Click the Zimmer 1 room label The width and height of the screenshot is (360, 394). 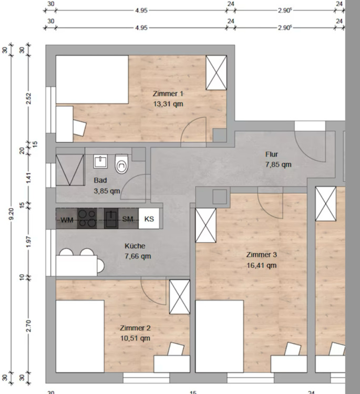(168, 94)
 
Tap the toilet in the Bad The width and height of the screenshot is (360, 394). (122, 164)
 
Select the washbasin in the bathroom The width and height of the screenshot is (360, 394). (100, 161)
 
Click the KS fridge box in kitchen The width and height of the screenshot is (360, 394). (149, 219)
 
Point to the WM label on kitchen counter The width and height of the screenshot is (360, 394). (67, 220)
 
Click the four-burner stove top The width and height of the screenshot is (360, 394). (87, 219)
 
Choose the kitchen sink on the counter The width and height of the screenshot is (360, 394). (111, 219)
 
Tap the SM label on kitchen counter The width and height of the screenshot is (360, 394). (128, 219)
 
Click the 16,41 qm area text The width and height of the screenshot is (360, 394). (261, 265)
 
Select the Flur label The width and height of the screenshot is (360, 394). (272, 154)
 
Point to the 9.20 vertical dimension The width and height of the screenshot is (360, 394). (12, 214)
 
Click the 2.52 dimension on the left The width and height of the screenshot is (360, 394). (29, 99)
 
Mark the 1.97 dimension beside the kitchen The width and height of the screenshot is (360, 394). (29, 241)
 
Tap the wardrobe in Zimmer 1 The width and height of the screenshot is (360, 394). (216, 72)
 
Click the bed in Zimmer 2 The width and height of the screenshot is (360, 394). (80, 336)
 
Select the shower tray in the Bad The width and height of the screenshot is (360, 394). (70, 170)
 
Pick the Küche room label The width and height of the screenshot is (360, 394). (135, 246)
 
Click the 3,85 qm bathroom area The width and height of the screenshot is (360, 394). (107, 191)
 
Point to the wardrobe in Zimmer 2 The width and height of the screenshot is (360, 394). (180, 297)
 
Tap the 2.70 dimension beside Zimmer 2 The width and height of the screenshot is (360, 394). (29, 326)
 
